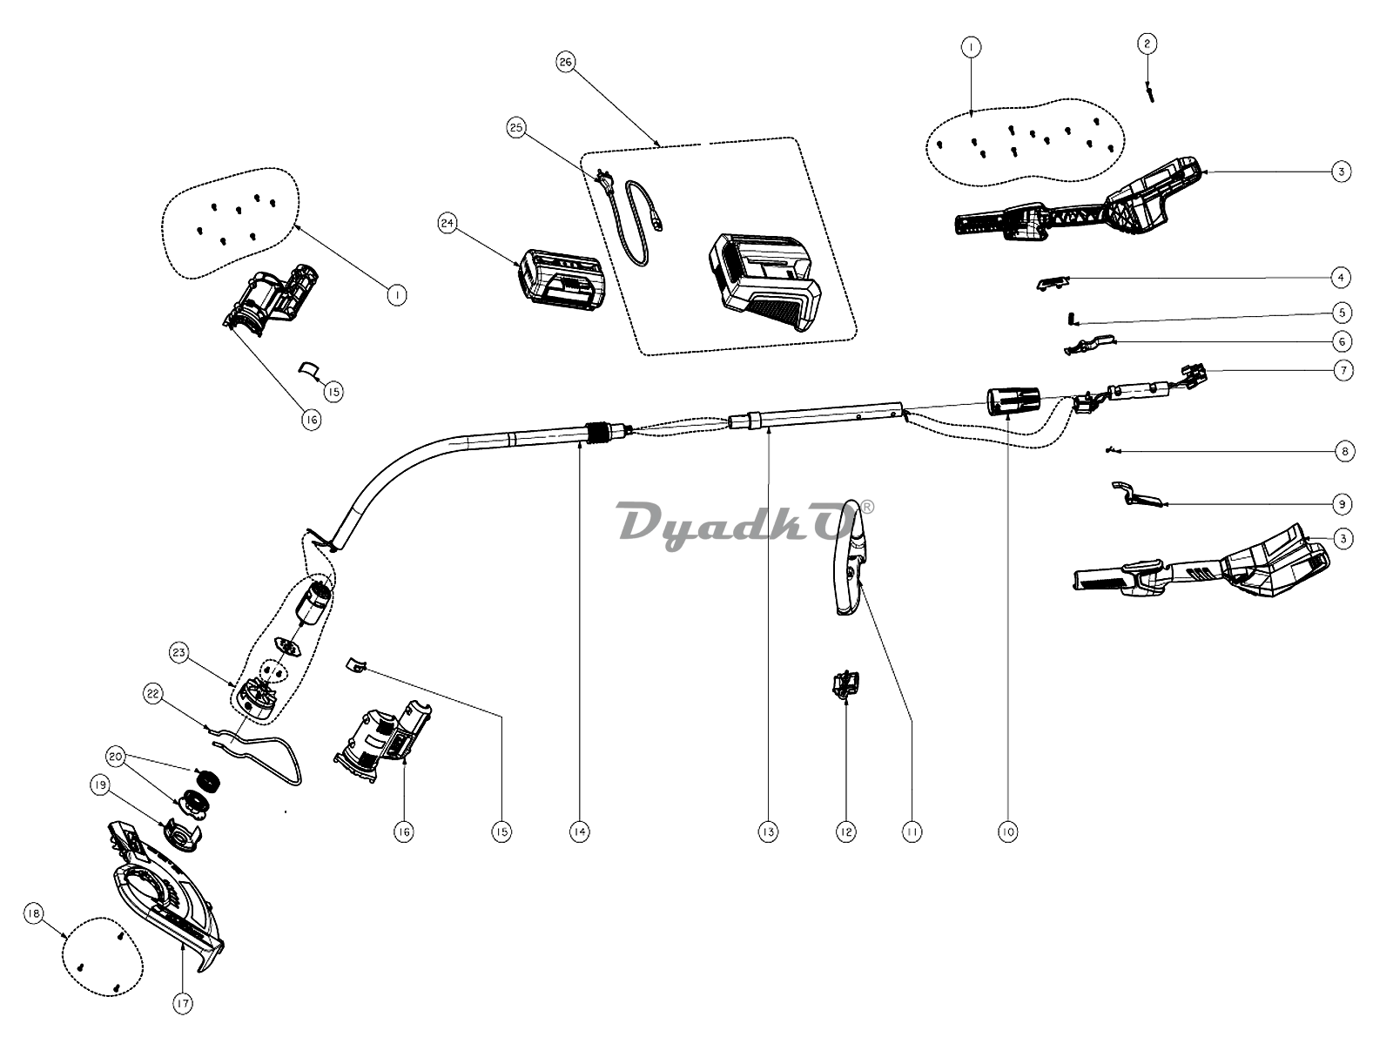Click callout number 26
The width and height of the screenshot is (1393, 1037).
(566, 63)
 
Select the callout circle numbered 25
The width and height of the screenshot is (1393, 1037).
(516, 128)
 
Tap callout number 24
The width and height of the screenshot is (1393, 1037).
(448, 224)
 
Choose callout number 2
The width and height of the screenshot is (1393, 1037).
(1147, 43)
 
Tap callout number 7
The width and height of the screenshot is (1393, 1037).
(1343, 370)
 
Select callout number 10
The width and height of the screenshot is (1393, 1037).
(1007, 832)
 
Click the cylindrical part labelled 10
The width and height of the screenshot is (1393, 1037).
(1013, 401)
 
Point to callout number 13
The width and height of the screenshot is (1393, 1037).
(767, 832)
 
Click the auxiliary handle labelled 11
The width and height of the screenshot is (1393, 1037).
(851, 562)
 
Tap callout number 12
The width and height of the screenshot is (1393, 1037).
(846, 832)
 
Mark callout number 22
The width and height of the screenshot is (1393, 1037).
(153, 694)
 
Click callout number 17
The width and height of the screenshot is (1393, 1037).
(182, 1004)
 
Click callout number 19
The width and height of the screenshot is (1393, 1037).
(100, 785)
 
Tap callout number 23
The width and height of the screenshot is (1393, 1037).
(179, 651)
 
